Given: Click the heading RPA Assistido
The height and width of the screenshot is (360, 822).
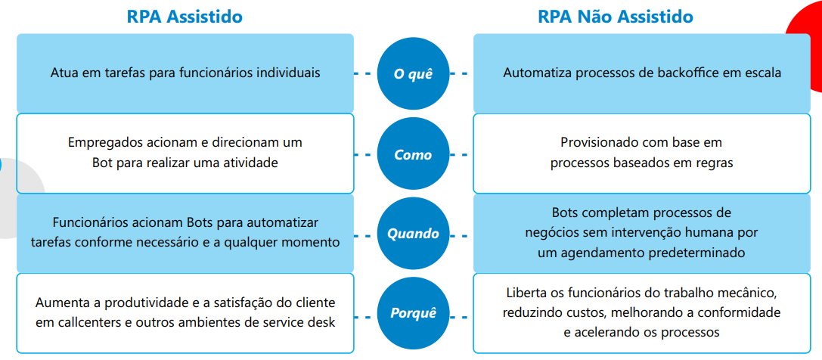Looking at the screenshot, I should [185, 16].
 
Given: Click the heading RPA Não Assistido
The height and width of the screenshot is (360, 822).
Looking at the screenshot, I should [616, 16].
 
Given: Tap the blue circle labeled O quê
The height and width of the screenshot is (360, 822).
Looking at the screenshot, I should [413, 73].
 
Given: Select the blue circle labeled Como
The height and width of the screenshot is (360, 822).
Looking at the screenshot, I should [413, 154].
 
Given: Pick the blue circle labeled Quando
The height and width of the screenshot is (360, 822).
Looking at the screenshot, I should [413, 234].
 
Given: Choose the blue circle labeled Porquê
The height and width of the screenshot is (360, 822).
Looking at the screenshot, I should [413, 313].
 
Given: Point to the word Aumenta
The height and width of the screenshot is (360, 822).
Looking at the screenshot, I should [60, 303].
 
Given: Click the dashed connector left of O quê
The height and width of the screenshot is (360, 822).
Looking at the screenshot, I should [364, 73].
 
